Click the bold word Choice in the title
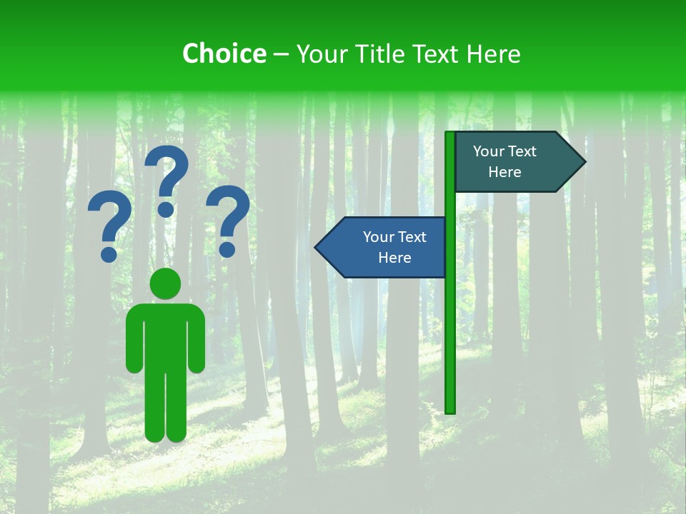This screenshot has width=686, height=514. [224, 54]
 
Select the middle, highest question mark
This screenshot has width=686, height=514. [167, 179]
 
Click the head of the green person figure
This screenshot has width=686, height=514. [165, 283]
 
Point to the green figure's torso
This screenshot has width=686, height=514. [165, 336]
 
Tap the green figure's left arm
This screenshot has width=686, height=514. [134, 343]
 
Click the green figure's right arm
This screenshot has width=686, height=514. [197, 343]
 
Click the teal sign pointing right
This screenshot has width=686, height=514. [514, 162]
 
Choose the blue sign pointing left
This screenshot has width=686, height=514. [386, 248]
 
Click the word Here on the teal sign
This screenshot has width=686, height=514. [504, 172]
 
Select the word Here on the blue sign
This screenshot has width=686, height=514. [394, 258]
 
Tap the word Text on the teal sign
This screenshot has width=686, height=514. [522, 151]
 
